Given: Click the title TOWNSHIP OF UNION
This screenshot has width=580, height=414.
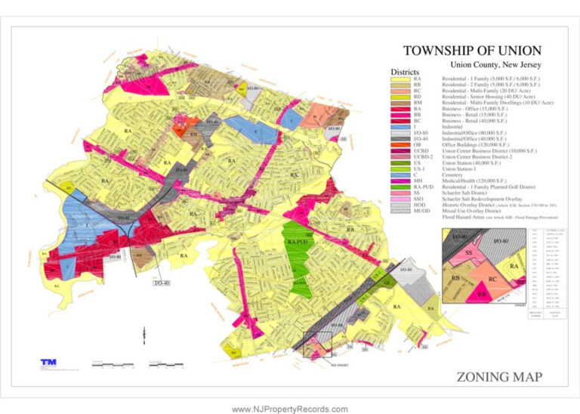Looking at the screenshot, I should (472, 51).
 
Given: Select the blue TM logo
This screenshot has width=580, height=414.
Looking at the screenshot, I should (48, 363).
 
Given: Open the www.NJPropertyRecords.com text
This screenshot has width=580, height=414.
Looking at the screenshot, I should (290, 409).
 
